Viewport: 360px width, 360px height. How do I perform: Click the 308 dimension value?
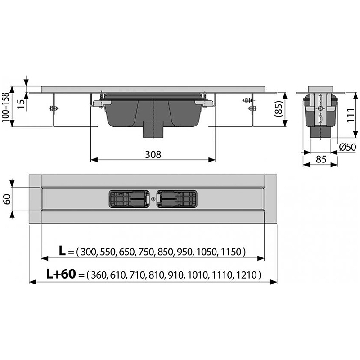pos(153,155)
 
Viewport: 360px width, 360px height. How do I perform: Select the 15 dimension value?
pos(20,104)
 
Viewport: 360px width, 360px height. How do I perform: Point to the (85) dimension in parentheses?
pos(278,109)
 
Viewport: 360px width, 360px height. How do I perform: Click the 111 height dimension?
pos(351,115)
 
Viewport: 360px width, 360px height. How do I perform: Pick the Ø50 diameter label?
pos(347,147)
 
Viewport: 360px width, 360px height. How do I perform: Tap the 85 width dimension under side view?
pos(321,159)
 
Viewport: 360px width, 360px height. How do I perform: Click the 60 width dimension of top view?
pos(7,199)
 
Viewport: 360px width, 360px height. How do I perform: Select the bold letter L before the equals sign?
pos(62,251)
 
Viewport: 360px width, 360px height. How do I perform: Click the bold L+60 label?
pos(61,274)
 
